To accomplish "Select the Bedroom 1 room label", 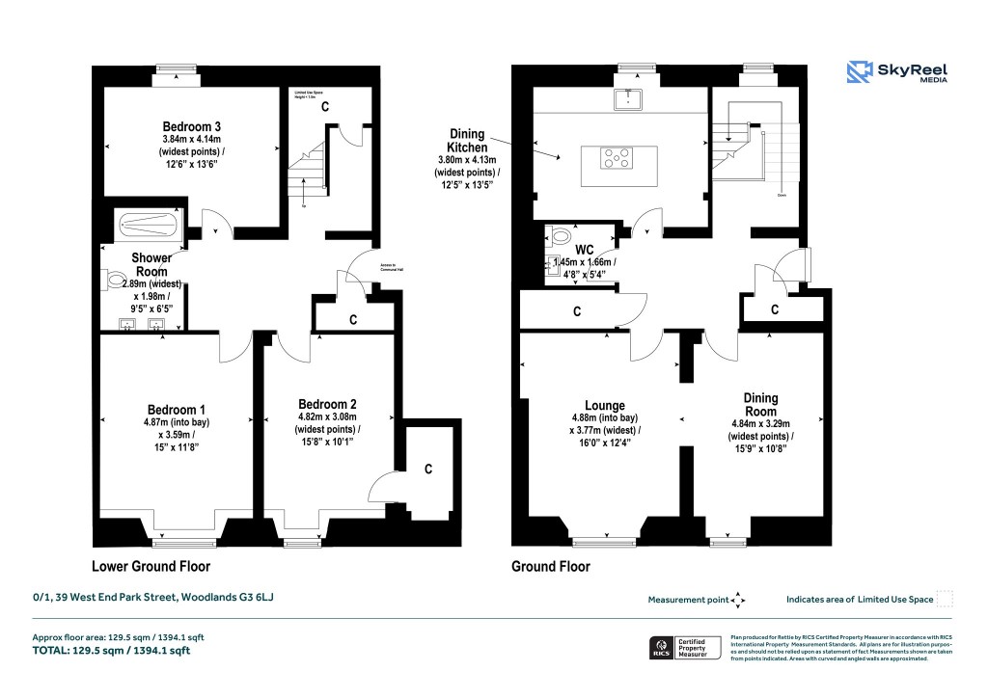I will (176, 408).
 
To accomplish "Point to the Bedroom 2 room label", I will (328, 404).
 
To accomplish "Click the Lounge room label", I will (604, 406).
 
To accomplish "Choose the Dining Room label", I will (760, 404).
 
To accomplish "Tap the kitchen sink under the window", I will (628, 97).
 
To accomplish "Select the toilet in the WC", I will (559, 235).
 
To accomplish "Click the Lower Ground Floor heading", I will (151, 567).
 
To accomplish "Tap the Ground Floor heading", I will (550, 567).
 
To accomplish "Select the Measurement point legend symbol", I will (738, 600).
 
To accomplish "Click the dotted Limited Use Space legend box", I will (945, 599).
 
